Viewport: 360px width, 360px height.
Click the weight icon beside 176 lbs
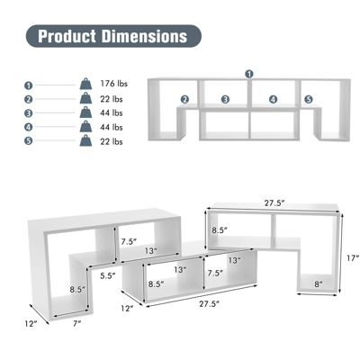tap(85, 84)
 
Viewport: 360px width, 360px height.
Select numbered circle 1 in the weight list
tap(28, 84)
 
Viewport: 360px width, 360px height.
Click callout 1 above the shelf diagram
tap(249, 74)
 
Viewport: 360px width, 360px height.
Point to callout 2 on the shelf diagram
tap(184, 99)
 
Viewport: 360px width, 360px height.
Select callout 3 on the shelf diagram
tap(225, 99)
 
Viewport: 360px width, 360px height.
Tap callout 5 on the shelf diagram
tap(308, 99)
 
